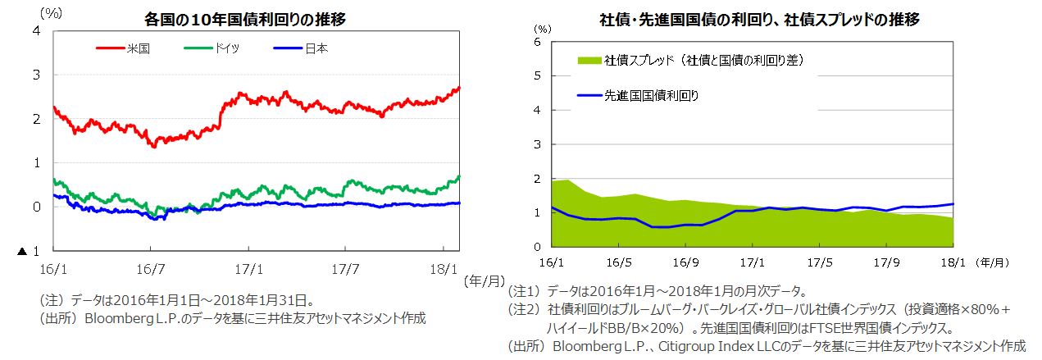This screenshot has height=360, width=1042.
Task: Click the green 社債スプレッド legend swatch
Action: pyautogui.click(x=589, y=61)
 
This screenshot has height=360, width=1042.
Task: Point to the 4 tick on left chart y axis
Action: pyautogui.click(x=36, y=31)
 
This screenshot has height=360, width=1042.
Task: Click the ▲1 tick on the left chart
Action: pyautogui.click(x=30, y=250)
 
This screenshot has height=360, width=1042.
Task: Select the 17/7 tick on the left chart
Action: pyautogui.click(x=345, y=267)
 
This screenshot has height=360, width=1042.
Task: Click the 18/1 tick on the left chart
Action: pyautogui.click(x=443, y=267)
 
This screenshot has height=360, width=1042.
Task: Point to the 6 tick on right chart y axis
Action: pyautogui.click(x=538, y=41)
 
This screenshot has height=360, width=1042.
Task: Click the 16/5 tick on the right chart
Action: pyautogui.click(x=618, y=264)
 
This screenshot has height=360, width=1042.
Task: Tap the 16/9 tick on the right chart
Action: pyautogui.click(x=685, y=264)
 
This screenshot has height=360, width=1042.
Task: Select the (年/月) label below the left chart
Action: pyautogui.click(x=484, y=281)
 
